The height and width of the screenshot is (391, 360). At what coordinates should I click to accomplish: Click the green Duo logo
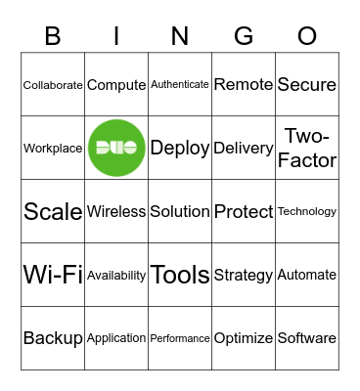[x=116, y=148]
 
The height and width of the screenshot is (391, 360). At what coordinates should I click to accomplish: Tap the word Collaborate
[x=53, y=85]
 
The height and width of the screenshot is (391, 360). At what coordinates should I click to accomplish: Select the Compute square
[x=116, y=85]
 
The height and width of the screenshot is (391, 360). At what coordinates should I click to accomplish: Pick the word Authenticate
[x=180, y=85]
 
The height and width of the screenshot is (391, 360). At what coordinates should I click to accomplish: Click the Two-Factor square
[x=307, y=148]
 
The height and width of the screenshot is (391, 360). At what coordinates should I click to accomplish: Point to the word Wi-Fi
[x=53, y=275]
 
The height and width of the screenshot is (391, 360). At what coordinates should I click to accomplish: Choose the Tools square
[x=180, y=275]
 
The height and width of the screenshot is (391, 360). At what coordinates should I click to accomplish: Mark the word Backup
[x=53, y=338]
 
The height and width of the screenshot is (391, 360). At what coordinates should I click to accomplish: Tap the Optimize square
[x=244, y=338]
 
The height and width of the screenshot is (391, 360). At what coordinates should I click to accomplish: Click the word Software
[x=307, y=338]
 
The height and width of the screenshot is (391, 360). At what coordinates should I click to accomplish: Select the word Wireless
[x=116, y=211]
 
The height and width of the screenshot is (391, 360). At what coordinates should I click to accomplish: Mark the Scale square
[x=53, y=211]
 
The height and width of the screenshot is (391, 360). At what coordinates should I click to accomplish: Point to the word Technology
[x=307, y=211]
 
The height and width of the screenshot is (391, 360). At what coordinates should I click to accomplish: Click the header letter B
[x=53, y=36]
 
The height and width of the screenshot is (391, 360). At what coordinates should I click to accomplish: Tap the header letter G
[x=244, y=36]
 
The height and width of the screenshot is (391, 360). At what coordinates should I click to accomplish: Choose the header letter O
[x=307, y=36]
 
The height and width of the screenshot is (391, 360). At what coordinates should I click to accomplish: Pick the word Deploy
[x=180, y=148]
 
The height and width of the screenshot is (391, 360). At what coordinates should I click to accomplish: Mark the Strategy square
[x=244, y=275]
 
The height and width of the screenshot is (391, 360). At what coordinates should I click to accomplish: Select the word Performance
[x=180, y=338]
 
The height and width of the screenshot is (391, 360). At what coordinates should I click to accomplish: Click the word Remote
[x=244, y=85]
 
